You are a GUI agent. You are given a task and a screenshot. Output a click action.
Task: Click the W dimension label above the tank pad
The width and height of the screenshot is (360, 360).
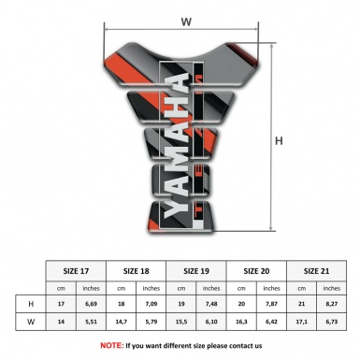point(187,19)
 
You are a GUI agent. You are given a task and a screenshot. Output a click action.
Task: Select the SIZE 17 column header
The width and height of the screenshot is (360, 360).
point(77,269)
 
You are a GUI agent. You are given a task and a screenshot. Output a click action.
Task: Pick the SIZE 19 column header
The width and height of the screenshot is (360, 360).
point(196,269)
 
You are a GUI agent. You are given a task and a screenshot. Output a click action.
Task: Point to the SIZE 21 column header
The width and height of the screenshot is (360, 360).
point(316,269)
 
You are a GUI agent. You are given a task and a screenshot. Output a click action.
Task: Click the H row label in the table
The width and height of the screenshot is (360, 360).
point(32,305)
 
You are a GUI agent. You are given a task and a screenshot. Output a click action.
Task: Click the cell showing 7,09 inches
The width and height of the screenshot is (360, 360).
point(151,305)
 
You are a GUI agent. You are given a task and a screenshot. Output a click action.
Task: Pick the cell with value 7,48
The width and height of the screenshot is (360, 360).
point(211,305)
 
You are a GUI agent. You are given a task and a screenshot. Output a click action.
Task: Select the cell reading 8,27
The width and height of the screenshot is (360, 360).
point(331,305)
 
